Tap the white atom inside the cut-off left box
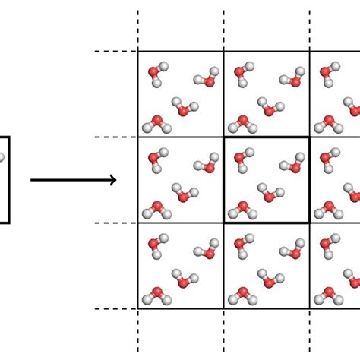click(x=2, y=158)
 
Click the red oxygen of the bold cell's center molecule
click(x=269, y=196)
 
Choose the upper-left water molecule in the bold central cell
click(x=242, y=159)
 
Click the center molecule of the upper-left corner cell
click(x=183, y=107)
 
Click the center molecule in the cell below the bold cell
click(x=269, y=279)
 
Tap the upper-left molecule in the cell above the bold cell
click(x=242, y=73)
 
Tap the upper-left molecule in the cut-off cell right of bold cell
click(x=328, y=159)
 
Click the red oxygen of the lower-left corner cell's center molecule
click(x=183, y=283)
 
